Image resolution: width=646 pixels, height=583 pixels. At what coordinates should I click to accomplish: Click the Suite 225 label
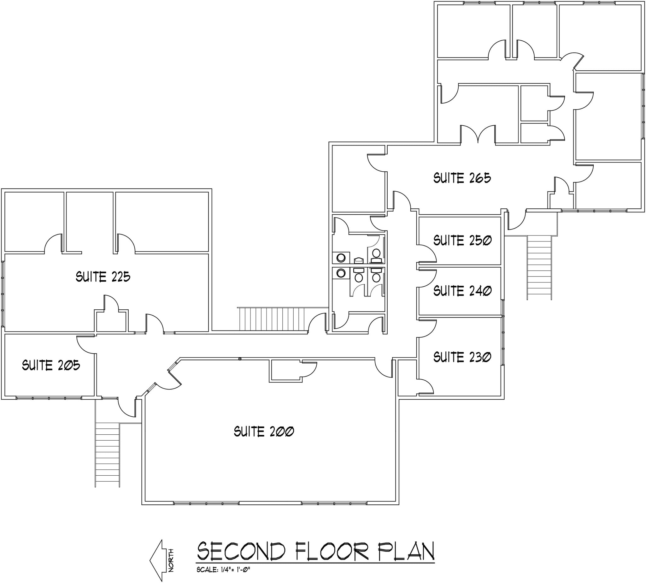pyautogui.click(x=103, y=277)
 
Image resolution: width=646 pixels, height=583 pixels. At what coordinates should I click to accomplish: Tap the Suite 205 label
pyautogui.click(x=51, y=365)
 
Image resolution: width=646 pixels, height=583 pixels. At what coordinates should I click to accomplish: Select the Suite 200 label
pyautogui.click(x=264, y=431)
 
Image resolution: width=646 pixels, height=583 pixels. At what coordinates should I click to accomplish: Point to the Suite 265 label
pyautogui.click(x=462, y=178)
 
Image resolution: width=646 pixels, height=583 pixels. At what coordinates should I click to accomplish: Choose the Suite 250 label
pyautogui.click(x=462, y=240)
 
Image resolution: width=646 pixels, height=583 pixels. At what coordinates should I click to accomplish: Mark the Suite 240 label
pyautogui.click(x=462, y=291)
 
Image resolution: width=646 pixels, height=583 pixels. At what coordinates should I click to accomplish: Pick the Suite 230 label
pyautogui.click(x=462, y=357)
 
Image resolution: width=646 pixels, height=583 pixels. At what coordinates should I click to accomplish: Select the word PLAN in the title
pyautogui.click(x=406, y=551)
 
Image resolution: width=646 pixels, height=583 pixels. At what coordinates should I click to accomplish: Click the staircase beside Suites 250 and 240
pyautogui.click(x=539, y=267)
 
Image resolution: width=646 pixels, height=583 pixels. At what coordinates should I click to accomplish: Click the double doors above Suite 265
pyautogui.click(x=478, y=134)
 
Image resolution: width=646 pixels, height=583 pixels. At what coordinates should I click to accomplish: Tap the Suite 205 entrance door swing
pyautogui.click(x=86, y=344)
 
